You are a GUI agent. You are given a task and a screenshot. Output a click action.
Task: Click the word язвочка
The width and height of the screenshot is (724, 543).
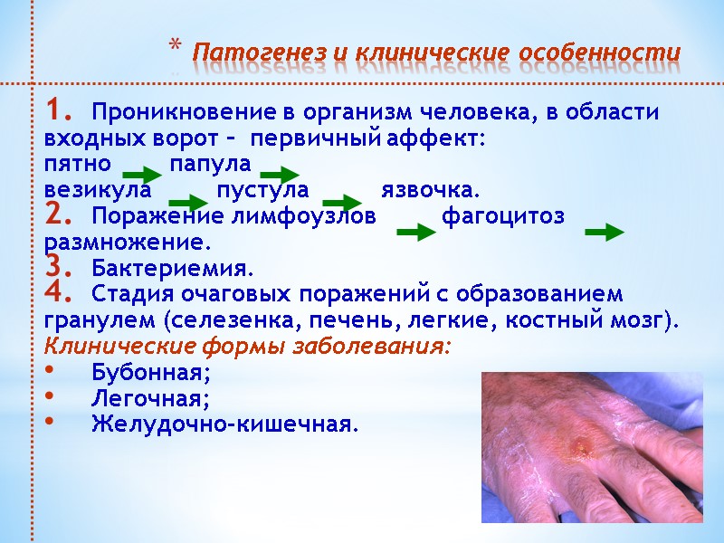click(x=429, y=192)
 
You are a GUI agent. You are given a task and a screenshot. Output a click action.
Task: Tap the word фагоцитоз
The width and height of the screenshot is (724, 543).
click(x=503, y=217)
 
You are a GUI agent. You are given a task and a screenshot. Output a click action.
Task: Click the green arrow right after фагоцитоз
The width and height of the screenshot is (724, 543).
click(x=605, y=234)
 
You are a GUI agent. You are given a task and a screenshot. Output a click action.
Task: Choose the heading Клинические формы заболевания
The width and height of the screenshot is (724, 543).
click(x=247, y=348)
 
